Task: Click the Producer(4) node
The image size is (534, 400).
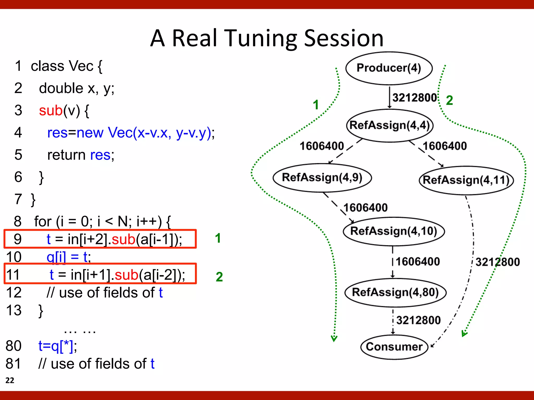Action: pos(389,68)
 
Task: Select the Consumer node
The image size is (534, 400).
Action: pos(394,347)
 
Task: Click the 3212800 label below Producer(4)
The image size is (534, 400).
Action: pos(415,98)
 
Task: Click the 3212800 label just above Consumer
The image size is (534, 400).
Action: pos(418,320)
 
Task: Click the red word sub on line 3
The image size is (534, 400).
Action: pos(51,111)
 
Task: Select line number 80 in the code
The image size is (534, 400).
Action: pos(14,346)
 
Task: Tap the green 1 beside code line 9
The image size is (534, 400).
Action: pos(218,238)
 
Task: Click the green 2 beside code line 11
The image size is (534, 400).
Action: pos(219,277)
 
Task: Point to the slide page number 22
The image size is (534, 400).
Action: pos(10,380)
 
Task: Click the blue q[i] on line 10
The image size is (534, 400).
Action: pos(56,257)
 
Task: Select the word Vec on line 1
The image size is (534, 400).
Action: pos(81,66)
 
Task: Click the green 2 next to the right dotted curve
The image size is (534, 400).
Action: pos(449,101)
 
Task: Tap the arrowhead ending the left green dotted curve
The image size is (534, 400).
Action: pos(334,338)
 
